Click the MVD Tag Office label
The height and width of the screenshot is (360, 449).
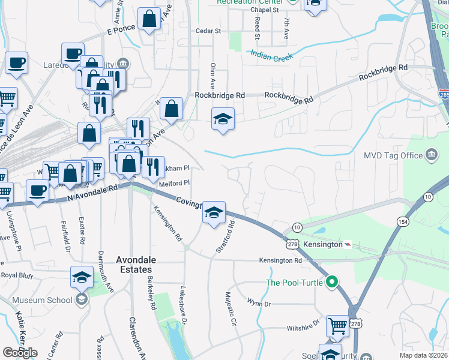pyautogui.click(x=393, y=156)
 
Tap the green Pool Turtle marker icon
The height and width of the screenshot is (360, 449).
pyautogui.click(x=332, y=281)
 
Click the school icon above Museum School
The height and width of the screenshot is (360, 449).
pyautogui.click(x=82, y=277)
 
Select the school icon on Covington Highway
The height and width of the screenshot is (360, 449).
pyautogui.click(x=214, y=212)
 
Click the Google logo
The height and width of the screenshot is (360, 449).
pyautogui.click(x=20, y=352)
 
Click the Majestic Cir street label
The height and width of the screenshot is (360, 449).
pyautogui.click(x=229, y=310)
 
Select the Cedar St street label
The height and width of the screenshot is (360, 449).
pyautogui.click(x=209, y=31)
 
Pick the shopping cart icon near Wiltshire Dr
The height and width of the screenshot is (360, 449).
pyautogui.click(x=337, y=326)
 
